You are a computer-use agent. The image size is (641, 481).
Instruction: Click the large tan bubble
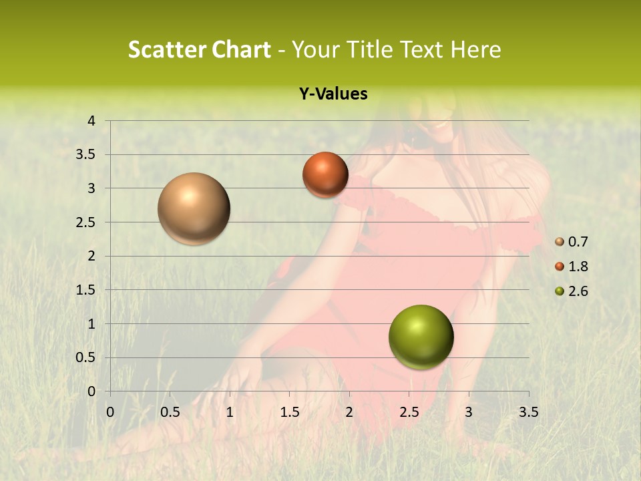(194, 208)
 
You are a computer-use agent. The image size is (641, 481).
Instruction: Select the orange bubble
(325, 174)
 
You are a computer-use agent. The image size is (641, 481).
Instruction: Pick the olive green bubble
(421, 337)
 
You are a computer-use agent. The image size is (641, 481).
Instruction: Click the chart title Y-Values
(333, 94)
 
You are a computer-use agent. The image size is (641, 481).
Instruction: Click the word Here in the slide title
(475, 49)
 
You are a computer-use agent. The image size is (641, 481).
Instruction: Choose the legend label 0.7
(578, 242)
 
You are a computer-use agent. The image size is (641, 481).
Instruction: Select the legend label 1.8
(578, 267)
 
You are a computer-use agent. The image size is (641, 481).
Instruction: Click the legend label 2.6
(578, 291)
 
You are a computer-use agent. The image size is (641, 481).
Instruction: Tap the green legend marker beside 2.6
(560, 291)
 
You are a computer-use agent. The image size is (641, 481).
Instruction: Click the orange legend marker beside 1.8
(560, 267)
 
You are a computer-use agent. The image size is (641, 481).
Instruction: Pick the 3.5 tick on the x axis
(528, 412)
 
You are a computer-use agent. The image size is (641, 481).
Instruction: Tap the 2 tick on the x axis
(349, 412)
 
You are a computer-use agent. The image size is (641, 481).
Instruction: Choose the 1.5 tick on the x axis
(289, 412)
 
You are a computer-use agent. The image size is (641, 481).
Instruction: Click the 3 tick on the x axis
(469, 412)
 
